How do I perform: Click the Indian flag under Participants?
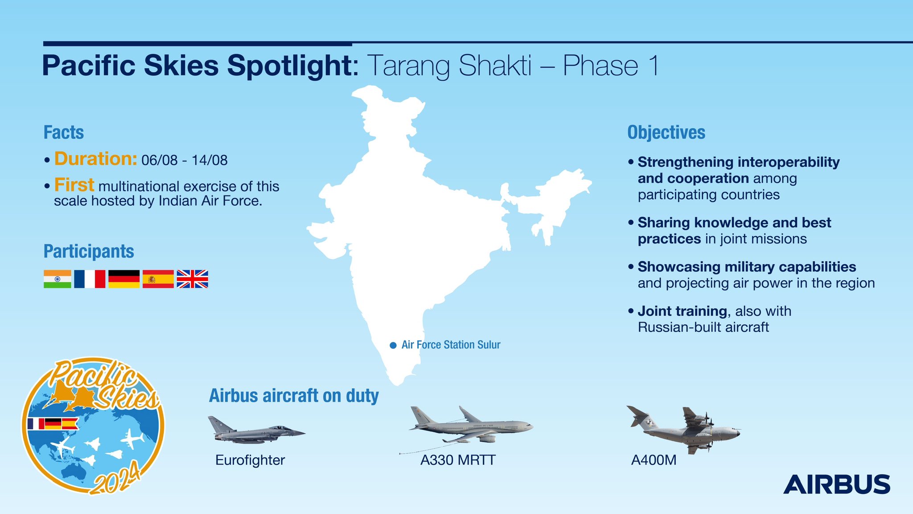58,279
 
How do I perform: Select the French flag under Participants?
90,279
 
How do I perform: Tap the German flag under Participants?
124,279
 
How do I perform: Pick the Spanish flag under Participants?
158,279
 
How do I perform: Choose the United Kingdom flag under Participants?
193,279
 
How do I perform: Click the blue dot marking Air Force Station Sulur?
393,345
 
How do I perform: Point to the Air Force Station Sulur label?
451,345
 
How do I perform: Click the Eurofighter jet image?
256,429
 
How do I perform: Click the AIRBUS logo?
837,484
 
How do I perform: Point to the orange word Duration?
95,159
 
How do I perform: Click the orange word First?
74,185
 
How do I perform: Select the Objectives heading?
666,133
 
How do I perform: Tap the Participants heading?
89,252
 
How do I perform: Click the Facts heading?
64,133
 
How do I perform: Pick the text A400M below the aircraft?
654,460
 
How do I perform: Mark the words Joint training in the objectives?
683,311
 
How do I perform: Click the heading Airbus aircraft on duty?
294,396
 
